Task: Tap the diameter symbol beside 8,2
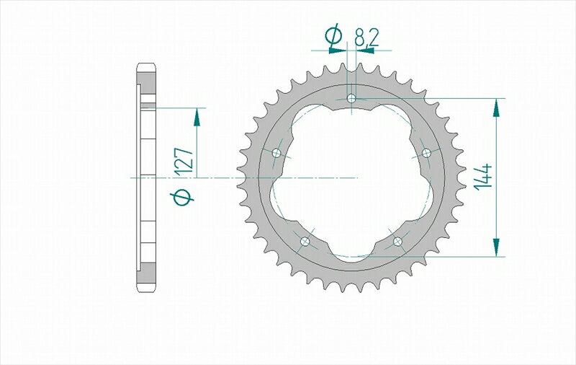[x=333, y=35]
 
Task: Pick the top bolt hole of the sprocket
[x=351, y=98]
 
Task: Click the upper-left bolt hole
[x=276, y=152]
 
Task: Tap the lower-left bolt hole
[x=305, y=241]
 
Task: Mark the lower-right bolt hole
[x=397, y=241]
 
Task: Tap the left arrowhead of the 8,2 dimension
[x=337, y=51]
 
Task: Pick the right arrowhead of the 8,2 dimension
[x=364, y=51]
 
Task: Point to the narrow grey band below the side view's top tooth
[x=146, y=105]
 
